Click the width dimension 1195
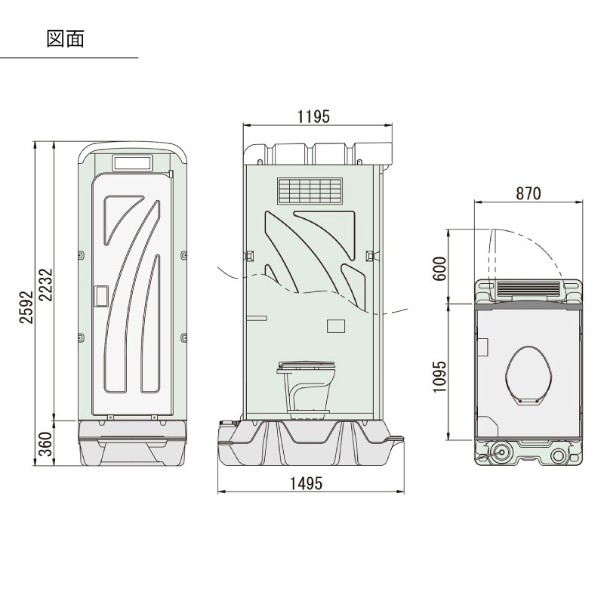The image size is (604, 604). coord(313,117)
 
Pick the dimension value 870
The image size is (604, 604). coord(528,193)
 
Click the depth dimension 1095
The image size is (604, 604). coord(442,375)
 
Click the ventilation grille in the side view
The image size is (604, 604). coord(309,192)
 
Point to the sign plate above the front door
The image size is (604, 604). coord(132,162)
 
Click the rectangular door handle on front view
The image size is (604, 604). coord(100,295)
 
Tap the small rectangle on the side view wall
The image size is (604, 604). coord(334,326)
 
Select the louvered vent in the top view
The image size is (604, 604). coord(528,288)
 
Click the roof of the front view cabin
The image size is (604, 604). coord(132,145)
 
